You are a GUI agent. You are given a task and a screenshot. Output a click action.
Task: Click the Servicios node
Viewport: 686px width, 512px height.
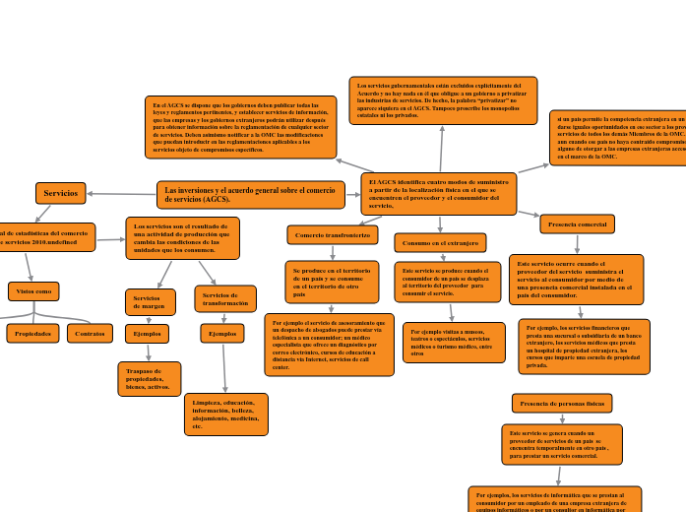pyautogui.click(x=60, y=193)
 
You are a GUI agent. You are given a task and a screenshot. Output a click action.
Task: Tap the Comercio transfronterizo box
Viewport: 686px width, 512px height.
pyautogui.click(x=333, y=234)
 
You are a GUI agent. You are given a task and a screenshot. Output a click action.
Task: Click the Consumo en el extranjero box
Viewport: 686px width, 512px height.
pyautogui.click(x=440, y=242)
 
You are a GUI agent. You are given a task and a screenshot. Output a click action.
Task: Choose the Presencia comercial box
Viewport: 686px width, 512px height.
pyautogui.click(x=577, y=224)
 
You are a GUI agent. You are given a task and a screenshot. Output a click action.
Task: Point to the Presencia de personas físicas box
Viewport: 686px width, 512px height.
pyautogui.click(x=562, y=403)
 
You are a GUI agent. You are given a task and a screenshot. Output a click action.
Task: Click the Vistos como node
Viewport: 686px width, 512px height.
pyautogui.click(x=33, y=291)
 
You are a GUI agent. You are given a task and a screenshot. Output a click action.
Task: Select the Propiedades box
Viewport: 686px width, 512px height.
pyautogui.click(x=32, y=334)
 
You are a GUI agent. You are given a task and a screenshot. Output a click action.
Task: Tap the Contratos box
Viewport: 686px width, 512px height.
pyautogui.click(x=90, y=334)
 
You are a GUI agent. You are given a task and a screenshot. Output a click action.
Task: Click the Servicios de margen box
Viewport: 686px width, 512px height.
pyautogui.click(x=150, y=302)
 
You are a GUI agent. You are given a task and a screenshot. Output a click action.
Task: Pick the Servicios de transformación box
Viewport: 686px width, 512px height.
pyautogui.click(x=225, y=299)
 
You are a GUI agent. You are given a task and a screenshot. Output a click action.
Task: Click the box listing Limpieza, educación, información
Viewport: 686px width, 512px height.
pyautogui.click(x=225, y=415)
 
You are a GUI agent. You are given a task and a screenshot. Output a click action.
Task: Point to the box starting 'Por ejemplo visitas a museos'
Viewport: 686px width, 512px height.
pyautogui.click(x=454, y=343)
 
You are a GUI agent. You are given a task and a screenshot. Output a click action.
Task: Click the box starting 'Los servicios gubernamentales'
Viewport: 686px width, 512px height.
pyautogui.click(x=443, y=100)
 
